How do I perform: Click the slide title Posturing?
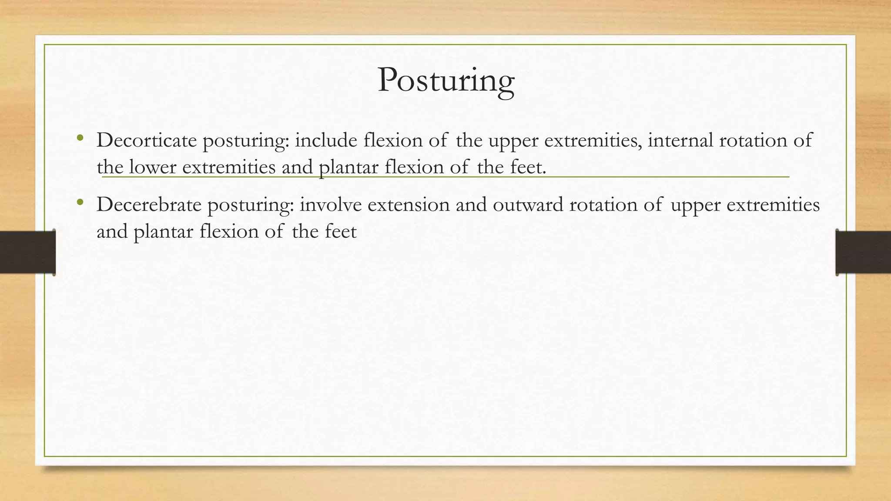click(445, 81)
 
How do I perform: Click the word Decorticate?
click(147, 140)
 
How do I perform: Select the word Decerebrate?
click(149, 205)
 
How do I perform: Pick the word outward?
click(528, 205)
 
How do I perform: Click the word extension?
click(408, 205)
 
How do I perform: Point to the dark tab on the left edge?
click(27, 252)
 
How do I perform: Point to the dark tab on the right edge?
click(863, 252)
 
